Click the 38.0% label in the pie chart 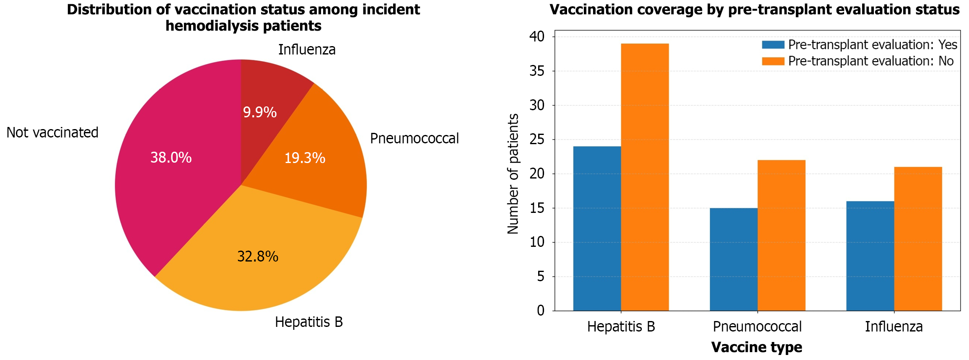point(171,158)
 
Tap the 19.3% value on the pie point(305,158)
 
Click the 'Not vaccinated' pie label point(52,132)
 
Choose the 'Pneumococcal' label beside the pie point(414,138)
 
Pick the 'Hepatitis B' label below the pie point(309,322)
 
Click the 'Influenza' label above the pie point(307,49)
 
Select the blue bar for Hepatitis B point(597,228)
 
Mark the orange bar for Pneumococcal point(781,235)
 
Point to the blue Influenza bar point(870,256)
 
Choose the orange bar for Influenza point(918,238)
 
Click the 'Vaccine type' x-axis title point(757,347)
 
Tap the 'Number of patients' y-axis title point(513,174)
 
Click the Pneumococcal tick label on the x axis point(757,326)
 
